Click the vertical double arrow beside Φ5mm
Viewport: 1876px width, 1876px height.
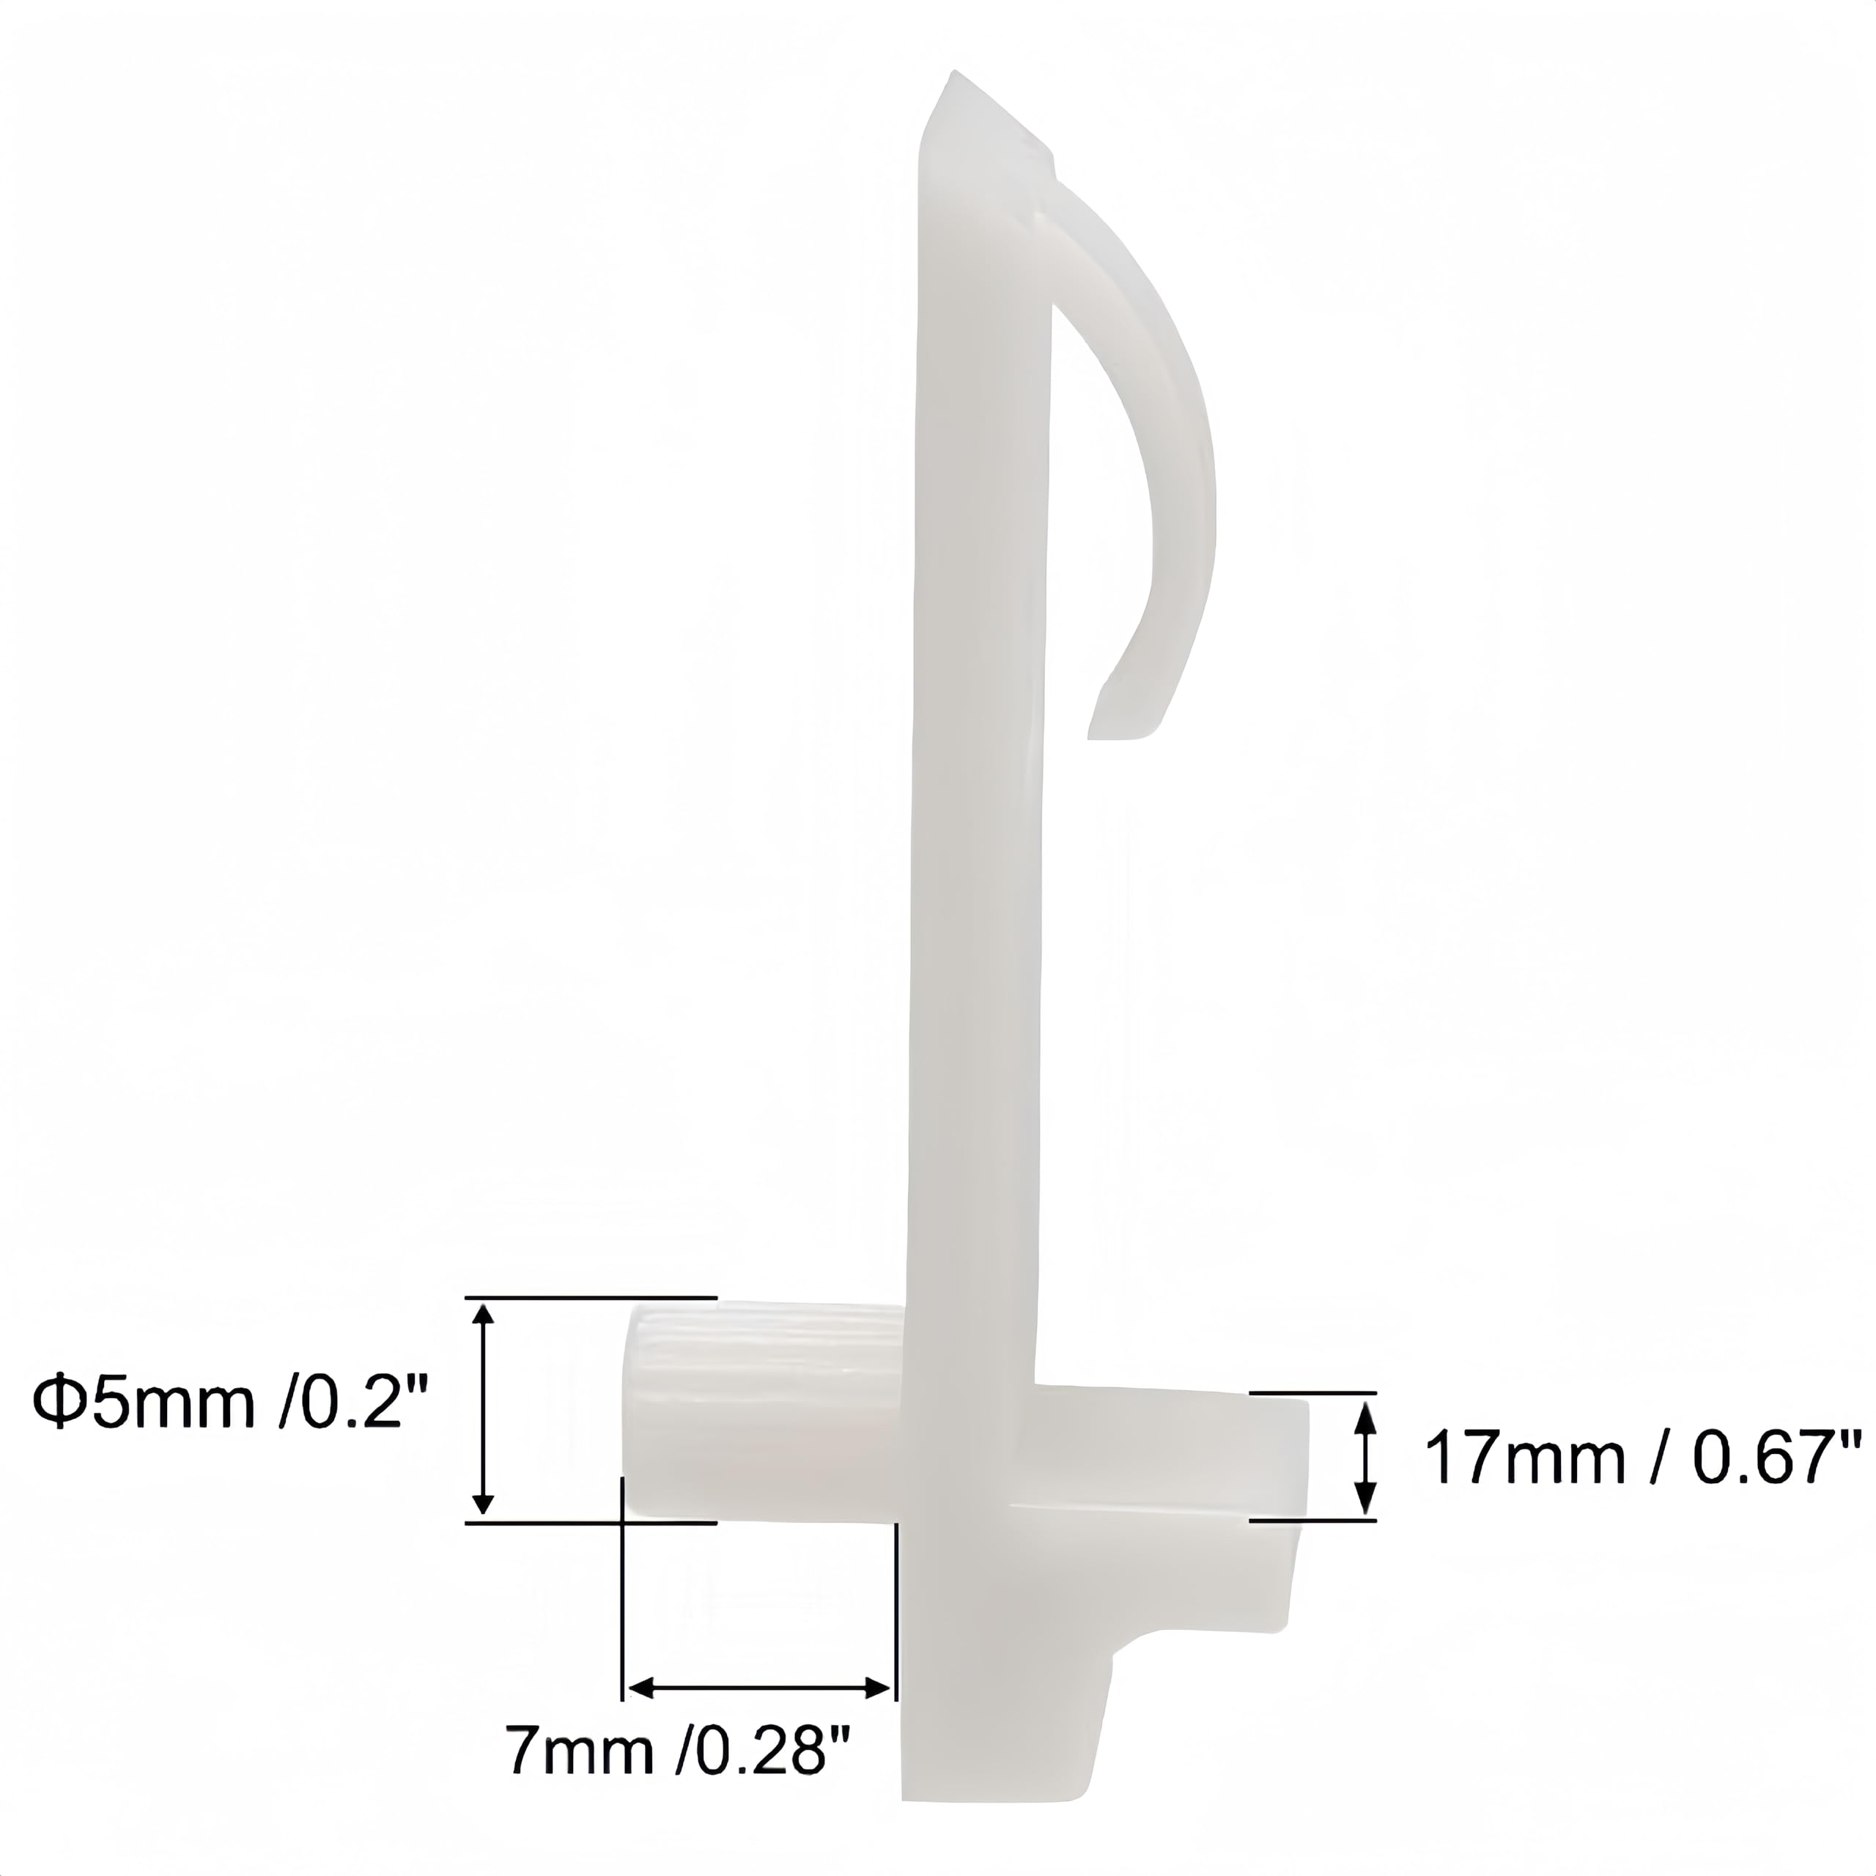[x=484, y=1410]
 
